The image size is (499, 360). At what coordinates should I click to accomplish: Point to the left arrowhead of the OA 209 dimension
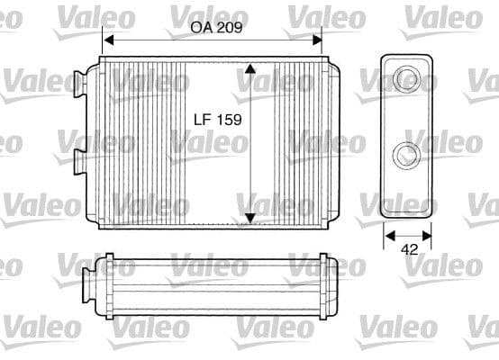tap(108, 40)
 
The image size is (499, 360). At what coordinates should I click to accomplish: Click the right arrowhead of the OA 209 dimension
tap(317, 40)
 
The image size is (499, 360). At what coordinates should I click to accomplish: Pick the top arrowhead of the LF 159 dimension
tap(250, 69)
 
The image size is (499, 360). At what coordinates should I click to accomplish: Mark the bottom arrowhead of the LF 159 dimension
tap(250, 217)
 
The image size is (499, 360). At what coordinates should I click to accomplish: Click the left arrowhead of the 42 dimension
tap(389, 236)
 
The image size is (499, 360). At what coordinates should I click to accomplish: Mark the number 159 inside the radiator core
tap(230, 119)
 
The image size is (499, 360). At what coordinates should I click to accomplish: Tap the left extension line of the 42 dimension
tap(384, 231)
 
